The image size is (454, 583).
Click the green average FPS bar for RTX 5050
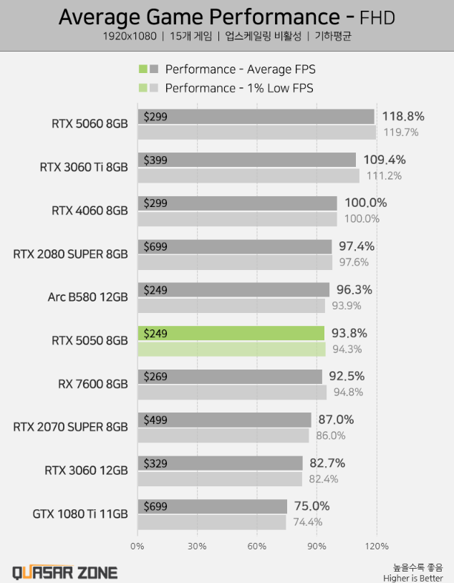point(231,333)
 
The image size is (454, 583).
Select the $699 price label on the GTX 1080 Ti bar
point(155,506)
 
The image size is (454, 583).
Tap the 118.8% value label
point(403,116)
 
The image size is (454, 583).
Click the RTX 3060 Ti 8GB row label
point(84,167)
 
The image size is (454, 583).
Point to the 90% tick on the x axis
point(317,546)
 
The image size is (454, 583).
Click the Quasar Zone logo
point(64,572)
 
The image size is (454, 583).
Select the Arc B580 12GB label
point(88,297)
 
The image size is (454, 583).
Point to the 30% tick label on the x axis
point(197,546)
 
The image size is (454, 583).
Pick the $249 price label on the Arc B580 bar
point(155,289)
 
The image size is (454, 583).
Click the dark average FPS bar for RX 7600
point(229,377)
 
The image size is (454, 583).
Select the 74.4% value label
point(307,522)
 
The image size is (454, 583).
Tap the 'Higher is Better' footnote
point(412,577)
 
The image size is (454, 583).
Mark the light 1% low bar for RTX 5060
point(256,132)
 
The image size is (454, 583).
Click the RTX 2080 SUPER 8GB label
point(70,254)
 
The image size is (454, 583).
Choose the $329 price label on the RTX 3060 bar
point(155,463)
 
